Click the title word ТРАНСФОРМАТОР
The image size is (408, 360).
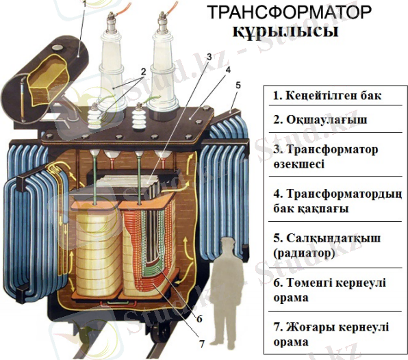(290, 12)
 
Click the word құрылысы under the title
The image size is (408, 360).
(285, 32)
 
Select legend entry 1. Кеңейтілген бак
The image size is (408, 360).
(327, 96)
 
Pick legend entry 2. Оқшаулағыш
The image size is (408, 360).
(320, 120)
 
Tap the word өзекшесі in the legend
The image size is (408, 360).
(298, 164)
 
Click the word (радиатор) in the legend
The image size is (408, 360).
(304, 253)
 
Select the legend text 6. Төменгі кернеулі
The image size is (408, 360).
(329, 283)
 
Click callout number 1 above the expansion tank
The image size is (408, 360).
(84, 3)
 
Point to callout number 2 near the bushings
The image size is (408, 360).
(143, 71)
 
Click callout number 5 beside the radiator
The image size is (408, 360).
(238, 86)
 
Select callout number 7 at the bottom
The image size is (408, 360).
(202, 344)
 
